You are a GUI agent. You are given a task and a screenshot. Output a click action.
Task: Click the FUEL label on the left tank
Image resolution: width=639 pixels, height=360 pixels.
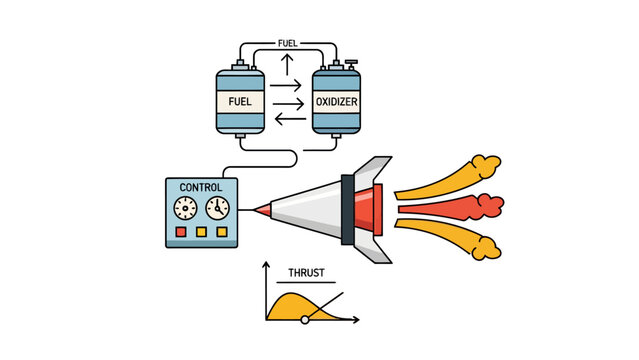[x=240, y=102]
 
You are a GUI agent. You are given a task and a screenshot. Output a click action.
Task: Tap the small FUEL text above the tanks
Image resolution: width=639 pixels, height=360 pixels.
[x=287, y=44]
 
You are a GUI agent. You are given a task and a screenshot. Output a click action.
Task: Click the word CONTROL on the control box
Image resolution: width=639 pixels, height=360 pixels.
[x=201, y=187]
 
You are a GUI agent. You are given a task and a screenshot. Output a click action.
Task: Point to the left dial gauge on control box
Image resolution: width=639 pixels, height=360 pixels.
[x=186, y=208]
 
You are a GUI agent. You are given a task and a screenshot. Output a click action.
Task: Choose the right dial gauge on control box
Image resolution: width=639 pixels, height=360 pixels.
[x=217, y=208]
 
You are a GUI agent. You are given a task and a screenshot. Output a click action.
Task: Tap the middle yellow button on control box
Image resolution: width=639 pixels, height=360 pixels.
[x=201, y=232]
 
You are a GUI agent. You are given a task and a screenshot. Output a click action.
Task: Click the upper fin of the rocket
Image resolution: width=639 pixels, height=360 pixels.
[x=374, y=167]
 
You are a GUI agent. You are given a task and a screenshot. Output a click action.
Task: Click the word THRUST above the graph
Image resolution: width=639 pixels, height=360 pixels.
[x=305, y=272]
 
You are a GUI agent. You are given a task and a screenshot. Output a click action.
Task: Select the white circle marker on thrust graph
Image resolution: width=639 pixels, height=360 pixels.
[x=305, y=319]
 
